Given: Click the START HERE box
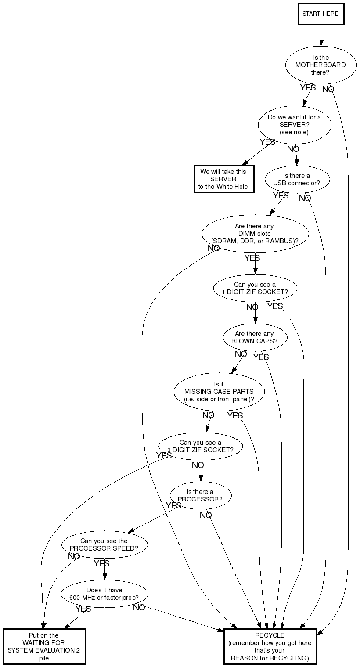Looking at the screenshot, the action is pos(321,14).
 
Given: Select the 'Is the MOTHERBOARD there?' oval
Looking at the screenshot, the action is pos(321,65).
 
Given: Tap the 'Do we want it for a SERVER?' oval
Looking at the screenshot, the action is pos(295,125).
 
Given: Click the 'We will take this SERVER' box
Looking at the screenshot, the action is pos(224,179).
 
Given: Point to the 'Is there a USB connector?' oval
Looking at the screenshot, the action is pos(297,180).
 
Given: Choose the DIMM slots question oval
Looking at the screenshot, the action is pos(255,234).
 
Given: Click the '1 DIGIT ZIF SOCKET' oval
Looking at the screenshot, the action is pos(255,288).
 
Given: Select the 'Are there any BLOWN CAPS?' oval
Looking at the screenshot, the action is pos(255,337).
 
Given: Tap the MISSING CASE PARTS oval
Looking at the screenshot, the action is pos(219,392).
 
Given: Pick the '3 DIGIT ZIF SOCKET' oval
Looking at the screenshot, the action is pos(201,447).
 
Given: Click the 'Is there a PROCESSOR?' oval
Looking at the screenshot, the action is pos(201,495).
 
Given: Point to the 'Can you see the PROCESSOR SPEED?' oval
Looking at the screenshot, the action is pos(104,544).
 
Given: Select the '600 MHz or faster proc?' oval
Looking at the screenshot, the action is pos(104,594).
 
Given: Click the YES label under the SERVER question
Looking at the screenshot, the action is pos(267,142).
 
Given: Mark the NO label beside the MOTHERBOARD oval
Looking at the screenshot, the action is pos(328,89).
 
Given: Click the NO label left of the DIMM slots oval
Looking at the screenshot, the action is pos(213,248).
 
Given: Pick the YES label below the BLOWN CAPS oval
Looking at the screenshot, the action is pos(261,357).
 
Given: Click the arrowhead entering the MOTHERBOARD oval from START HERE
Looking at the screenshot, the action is pos(321,43).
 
